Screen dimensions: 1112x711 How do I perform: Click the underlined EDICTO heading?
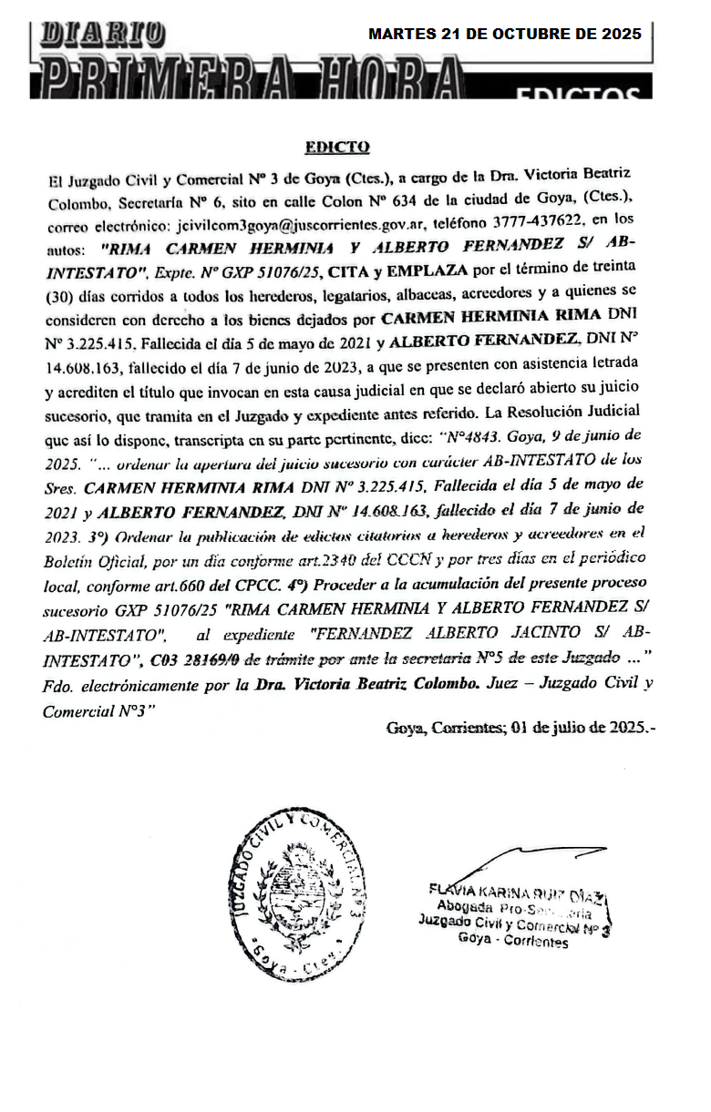337,147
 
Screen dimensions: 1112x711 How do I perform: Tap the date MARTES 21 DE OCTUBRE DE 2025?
504,34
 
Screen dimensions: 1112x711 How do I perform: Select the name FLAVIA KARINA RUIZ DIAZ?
515,891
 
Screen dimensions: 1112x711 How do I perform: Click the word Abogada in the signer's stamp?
466,906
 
